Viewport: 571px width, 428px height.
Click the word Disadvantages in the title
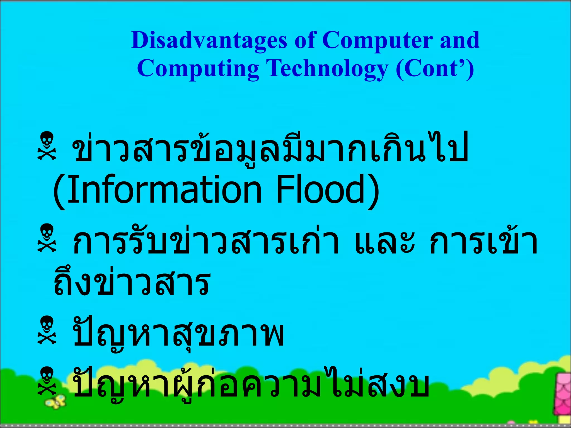pyautogui.click(x=209, y=40)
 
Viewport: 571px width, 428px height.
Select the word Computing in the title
pyautogui.click(x=198, y=69)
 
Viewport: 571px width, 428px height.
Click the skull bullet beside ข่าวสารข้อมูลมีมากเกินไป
pyautogui.click(x=47, y=146)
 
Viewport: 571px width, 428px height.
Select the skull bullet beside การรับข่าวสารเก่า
pyautogui.click(x=47, y=238)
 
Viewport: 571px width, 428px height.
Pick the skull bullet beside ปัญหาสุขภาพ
pyautogui.click(x=47, y=330)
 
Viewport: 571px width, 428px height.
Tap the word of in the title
pyautogui.click(x=305, y=40)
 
